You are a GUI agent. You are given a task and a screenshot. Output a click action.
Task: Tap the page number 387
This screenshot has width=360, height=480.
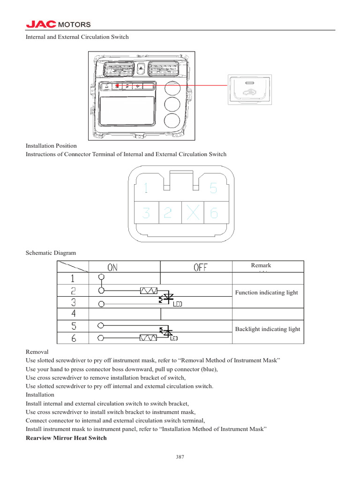(x=180, y=457)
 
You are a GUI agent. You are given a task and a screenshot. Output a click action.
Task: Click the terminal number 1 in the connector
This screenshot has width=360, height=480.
(x=146, y=188)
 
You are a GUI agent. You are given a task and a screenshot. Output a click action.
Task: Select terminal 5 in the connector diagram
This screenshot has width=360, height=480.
(x=213, y=188)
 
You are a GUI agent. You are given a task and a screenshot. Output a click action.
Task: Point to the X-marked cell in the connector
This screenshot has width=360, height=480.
(x=191, y=213)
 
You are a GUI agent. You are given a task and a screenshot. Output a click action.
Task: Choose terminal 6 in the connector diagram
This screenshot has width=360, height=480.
(x=214, y=213)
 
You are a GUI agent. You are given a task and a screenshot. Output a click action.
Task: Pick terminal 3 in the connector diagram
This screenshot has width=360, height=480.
(x=146, y=213)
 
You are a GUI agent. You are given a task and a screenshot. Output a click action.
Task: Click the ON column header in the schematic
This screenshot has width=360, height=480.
(x=113, y=267)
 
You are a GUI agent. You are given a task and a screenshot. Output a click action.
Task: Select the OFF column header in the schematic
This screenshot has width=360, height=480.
(x=200, y=267)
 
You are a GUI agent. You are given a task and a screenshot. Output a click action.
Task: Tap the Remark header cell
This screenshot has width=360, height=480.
(x=261, y=265)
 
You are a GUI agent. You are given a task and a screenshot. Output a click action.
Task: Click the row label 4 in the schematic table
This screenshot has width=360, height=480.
(x=74, y=314)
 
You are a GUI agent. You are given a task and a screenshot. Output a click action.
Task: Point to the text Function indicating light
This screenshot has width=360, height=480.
(x=266, y=292)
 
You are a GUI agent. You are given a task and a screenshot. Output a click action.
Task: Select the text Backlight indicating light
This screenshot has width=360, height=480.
(x=268, y=329)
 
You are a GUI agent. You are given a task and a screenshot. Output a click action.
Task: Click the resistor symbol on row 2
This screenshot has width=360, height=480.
(x=149, y=291)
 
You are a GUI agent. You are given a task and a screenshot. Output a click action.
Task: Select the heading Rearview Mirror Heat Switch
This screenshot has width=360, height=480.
(x=66, y=438)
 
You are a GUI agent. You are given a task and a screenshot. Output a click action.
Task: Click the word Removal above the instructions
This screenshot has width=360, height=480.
(x=37, y=351)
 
